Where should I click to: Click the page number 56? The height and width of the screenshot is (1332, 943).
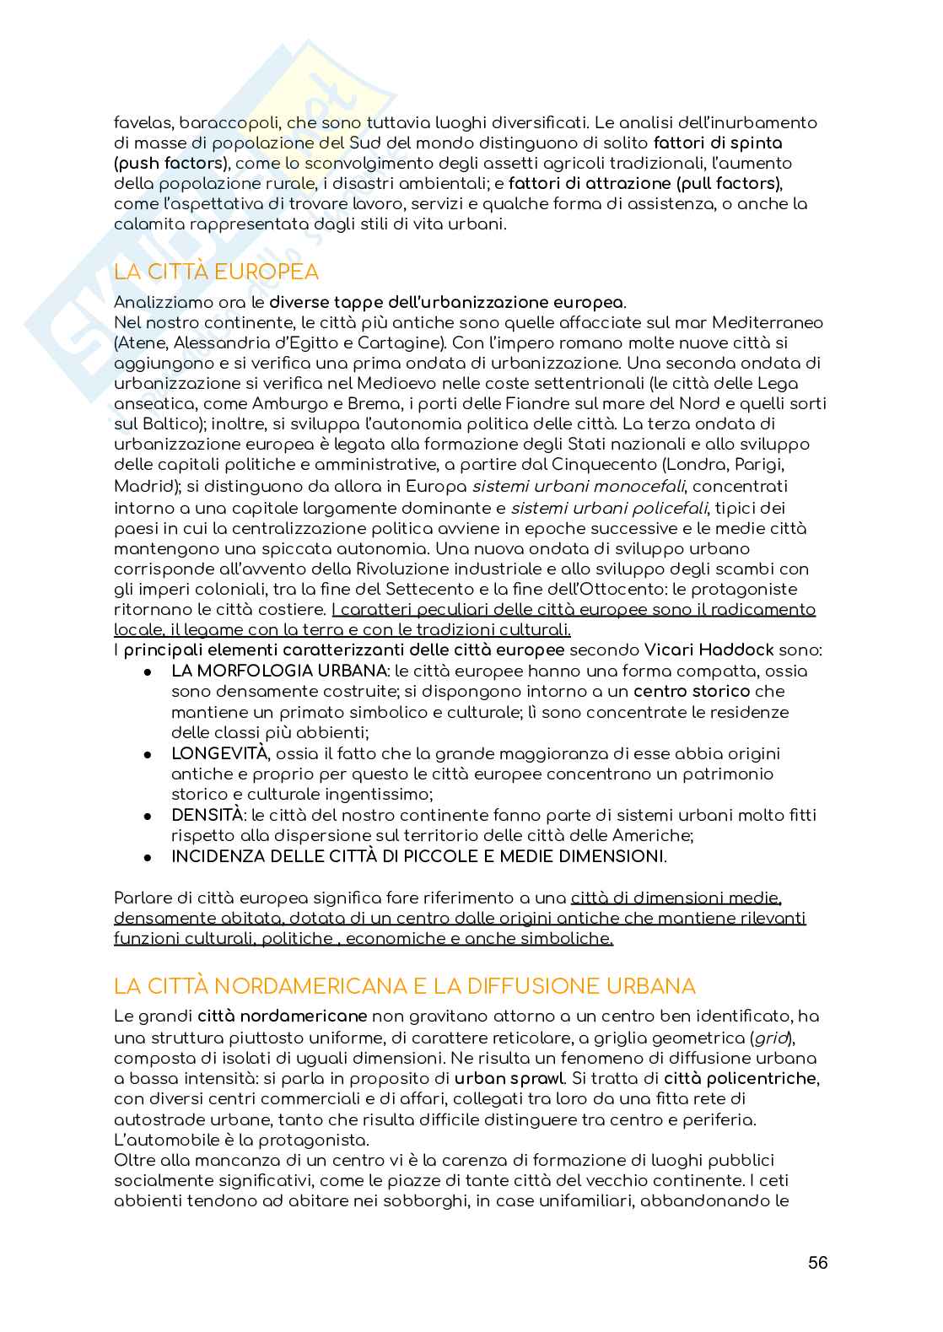(817, 1262)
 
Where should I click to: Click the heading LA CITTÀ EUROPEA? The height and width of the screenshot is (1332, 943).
(217, 272)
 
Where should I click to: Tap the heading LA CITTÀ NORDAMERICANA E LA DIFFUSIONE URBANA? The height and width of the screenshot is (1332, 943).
(405, 986)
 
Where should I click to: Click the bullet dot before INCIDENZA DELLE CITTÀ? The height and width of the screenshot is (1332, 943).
(147, 857)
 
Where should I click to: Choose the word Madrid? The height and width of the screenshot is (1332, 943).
(140, 486)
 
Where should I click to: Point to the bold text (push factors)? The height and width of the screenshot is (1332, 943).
(170, 163)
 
